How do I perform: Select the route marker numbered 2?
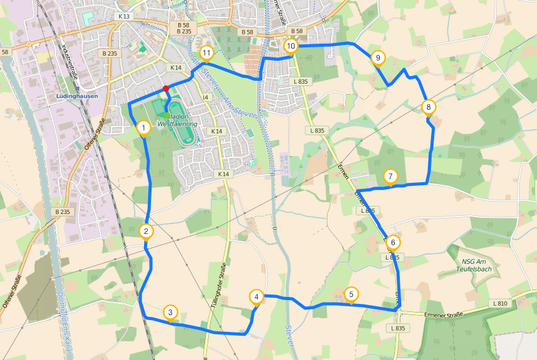click(x=146, y=231)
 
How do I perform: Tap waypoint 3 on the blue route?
click(x=170, y=312)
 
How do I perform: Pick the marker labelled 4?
click(x=256, y=296)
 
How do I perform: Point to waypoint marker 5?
click(x=351, y=294)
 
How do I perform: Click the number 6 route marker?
click(x=392, y=242)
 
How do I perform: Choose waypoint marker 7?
click(x=390, y=176)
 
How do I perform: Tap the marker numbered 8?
click(x=428, y=107)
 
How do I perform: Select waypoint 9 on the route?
click(x=377, y=58)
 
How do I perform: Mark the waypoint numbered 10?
click(x=291, y=46)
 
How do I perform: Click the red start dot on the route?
click(x=166, y=89)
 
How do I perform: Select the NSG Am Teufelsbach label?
click(x=477, y=265)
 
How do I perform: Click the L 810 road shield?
click(x=499, y=303)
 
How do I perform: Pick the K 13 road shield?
click(x=123, y=16)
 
